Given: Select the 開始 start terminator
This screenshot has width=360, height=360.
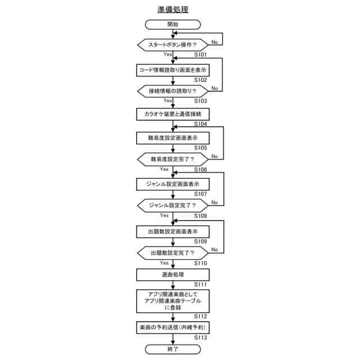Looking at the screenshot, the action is click(x=173, y=24).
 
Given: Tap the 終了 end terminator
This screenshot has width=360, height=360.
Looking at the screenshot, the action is click(x=173, y=349).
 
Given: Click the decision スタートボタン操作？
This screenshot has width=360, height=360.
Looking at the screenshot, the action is click(x=173, y=44).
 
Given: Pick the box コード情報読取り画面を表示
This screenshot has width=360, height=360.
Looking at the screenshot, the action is click(x=173, y=70).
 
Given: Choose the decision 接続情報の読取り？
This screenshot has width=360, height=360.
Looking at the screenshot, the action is click(x=173, y=91).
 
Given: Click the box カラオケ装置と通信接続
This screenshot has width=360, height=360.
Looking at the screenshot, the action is click(x=173, y=114).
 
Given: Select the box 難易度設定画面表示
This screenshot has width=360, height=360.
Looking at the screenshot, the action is click(x=173, y=137).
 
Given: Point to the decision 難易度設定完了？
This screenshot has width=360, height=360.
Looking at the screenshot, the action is click(x=173, y=159).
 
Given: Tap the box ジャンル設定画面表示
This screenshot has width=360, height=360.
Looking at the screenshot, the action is click(x=173, y=183).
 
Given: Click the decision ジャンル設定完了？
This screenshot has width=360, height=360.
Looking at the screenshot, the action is click(x=173, y=205).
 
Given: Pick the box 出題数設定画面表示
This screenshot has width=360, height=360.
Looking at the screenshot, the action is click(x=173, y=231).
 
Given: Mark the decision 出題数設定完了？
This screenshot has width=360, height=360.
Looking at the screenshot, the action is click(x=173, y=253).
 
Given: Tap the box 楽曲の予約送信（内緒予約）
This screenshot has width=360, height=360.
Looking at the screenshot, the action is click(x=173, y=327).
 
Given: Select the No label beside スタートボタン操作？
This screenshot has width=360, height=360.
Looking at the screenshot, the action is click(x=215, y=42).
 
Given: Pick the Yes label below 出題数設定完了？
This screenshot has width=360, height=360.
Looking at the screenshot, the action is click(x=164, y=263).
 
